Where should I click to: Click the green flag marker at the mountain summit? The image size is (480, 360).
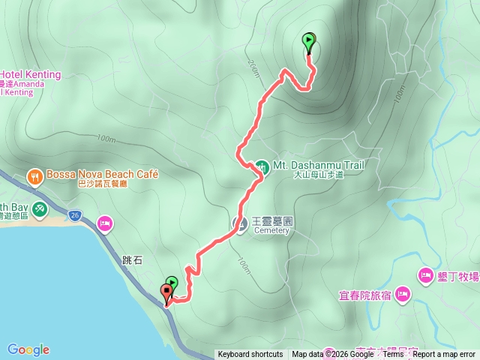pyautogui.click(x=309, y=41)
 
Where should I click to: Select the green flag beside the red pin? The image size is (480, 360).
pyautogui.click(x=172, y=283)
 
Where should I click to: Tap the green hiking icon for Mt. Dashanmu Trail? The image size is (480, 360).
pyautogui.click(x=261, y=166)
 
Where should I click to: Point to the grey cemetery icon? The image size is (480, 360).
pyautogui.click(x=241, y=223)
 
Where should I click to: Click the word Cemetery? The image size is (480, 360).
pyautogui.click(x=271, y=230)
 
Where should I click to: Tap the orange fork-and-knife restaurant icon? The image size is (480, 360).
pyautogui.click(x=34, y=177)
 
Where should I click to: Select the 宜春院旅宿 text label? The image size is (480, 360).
pyautogui.click(x=365, y=295)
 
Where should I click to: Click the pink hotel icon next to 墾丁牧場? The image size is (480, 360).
pyautogui.click(x=425, y=276)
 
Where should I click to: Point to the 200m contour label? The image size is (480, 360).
pyautogui.click(x=251, y=67)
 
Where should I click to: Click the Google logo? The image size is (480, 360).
pyautogui.click(x=28, y=349)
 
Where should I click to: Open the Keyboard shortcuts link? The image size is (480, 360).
pyautogui.click(x=250, y=355)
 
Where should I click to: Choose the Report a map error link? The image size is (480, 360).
pyautogui.click(x=443, y=355)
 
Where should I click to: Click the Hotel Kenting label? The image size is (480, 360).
pyautogui.click(x=30, y=74)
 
